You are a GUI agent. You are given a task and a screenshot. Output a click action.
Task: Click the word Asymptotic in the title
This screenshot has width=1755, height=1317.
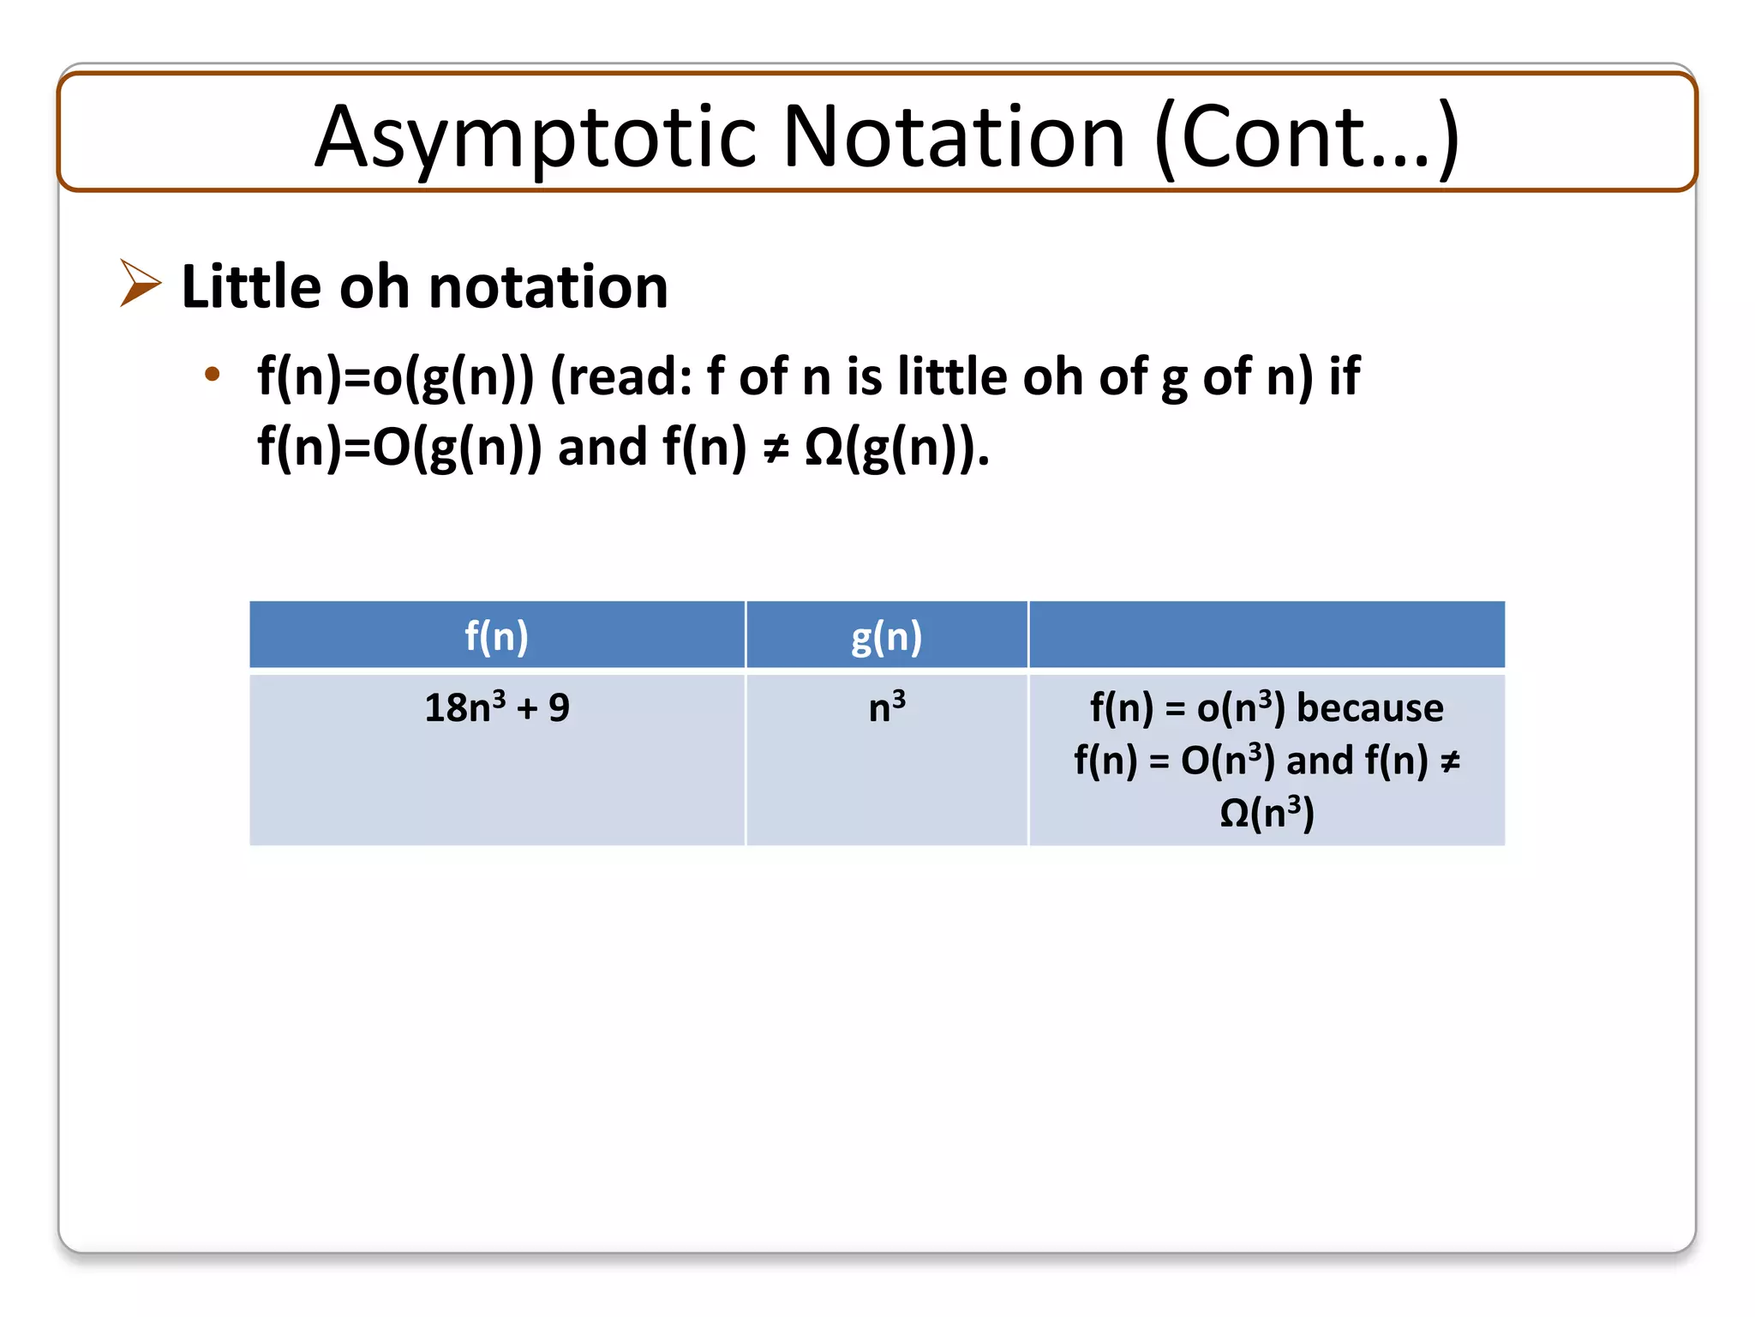(535, 137)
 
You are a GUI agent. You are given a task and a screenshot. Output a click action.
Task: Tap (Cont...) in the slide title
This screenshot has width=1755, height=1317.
(1307, 137)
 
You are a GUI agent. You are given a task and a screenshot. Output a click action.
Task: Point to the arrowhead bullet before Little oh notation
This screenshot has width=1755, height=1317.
(140, 283)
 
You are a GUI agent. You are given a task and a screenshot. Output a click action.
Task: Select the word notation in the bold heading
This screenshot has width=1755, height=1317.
(548, 286)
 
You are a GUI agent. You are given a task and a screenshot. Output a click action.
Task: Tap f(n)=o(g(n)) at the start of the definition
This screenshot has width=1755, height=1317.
(395, 376)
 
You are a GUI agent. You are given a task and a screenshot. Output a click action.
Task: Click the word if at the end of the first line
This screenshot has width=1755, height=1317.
(1344, 376)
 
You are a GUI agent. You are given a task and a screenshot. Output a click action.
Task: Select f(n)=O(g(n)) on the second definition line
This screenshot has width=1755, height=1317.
(399, 448)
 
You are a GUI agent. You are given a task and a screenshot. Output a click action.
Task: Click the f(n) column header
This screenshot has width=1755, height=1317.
(496, 636)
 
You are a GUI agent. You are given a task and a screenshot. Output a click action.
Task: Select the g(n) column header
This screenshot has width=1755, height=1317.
(886, 636)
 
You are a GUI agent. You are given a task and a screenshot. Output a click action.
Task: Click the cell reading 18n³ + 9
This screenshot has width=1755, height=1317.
(496, 708)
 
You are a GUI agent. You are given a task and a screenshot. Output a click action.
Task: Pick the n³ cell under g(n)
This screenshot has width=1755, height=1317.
(886, 708)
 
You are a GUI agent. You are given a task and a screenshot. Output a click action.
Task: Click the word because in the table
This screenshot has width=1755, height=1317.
(1369, 708)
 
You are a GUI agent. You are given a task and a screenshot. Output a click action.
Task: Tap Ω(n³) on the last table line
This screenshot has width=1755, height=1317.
(1267, 813)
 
